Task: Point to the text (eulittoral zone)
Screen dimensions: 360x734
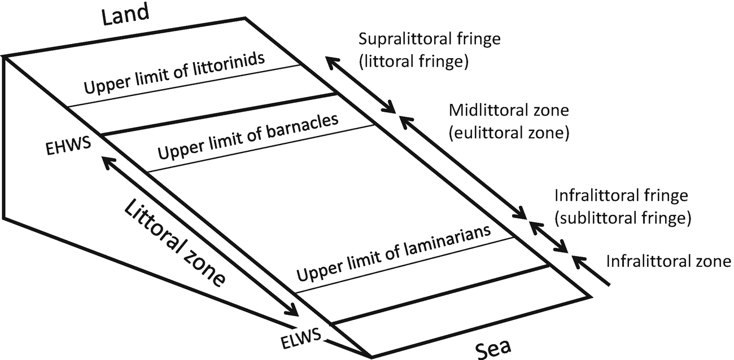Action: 508,133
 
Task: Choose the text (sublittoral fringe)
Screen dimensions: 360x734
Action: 622,217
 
